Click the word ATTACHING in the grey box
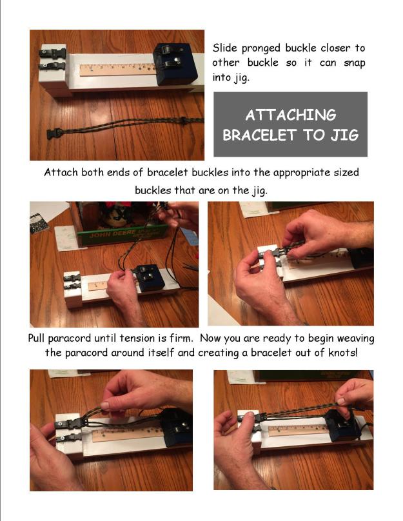(290, 115)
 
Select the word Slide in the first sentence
(226, 48)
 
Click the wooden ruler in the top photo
(117, 69)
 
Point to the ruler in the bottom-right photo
(293, 429)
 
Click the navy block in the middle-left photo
(149, 278)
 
